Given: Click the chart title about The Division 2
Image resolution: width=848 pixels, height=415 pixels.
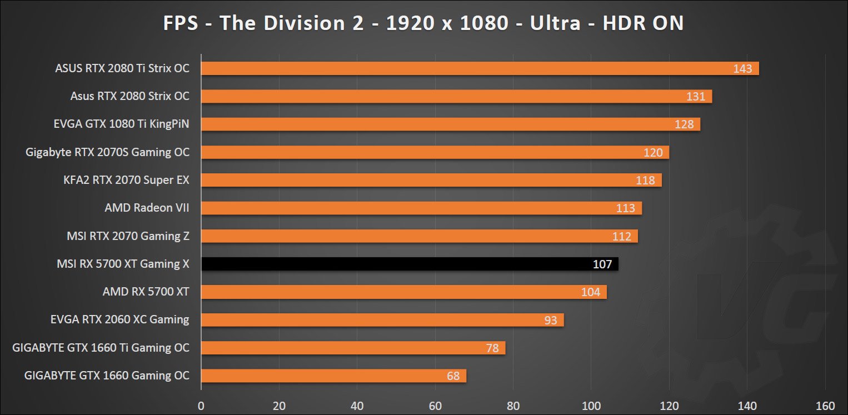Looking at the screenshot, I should click(x=423, y=23).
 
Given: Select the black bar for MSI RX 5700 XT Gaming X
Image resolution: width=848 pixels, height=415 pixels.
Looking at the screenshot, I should click(x=410, y=264).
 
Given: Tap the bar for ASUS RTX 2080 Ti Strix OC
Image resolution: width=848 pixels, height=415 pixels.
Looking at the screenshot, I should click(x=480, y=68).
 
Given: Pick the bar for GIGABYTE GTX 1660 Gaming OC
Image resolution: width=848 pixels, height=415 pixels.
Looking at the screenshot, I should click(x=333, y=376).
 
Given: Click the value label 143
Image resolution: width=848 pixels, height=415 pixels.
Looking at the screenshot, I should click(x=742, y=69).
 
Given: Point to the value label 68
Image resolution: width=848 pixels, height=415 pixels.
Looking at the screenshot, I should click(x=453, y=376).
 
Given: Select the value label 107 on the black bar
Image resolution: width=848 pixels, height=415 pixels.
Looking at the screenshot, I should click(x=602, y=264).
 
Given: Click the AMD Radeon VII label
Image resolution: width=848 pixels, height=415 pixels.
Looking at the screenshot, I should click(x=147, y=208).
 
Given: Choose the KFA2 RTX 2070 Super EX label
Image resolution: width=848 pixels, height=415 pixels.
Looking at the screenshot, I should click(x=127, y=180).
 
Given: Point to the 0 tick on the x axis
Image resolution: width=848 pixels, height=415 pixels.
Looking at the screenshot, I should click(x=201, y=404).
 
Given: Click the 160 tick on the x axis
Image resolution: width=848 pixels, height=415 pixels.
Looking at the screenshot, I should click(x=825, y=404).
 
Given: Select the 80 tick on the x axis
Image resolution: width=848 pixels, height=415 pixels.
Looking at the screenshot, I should click(x=513, y=404).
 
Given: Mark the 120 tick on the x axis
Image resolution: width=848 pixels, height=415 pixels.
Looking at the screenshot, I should click(x=669, y=404).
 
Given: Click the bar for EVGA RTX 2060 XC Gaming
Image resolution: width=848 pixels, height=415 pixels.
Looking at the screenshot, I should click(x=382, y=319).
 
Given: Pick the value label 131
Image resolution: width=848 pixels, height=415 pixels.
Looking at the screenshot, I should click(x=696, y=97).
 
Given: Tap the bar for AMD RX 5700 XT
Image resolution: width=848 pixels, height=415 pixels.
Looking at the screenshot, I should click(x=403, y=292).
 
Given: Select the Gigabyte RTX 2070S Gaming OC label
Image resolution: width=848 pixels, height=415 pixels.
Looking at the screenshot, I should click(x=107, y=152).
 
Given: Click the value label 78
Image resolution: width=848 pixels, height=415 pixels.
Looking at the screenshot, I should click(x=492, y=348).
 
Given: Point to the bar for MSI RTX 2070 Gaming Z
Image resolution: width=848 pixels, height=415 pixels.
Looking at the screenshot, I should click(x=419, y=236).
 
